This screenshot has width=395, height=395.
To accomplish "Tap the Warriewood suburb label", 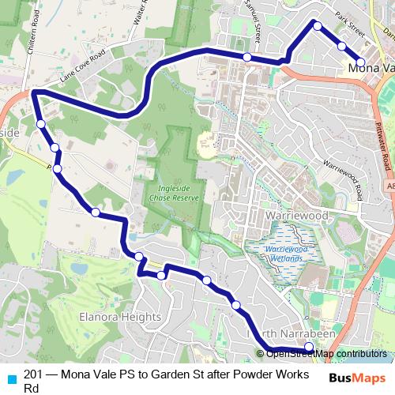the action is pos(276,214).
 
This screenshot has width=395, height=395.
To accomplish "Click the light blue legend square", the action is pos(11,378).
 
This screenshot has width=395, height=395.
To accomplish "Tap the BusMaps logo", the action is pos(356,378).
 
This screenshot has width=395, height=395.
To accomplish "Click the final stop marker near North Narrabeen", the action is pos(308,346).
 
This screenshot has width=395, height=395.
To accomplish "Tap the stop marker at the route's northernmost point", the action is pos(318,26).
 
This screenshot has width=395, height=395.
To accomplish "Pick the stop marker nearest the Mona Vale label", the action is pos(360,62).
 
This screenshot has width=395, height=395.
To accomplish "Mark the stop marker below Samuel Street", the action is pos(247,57).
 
